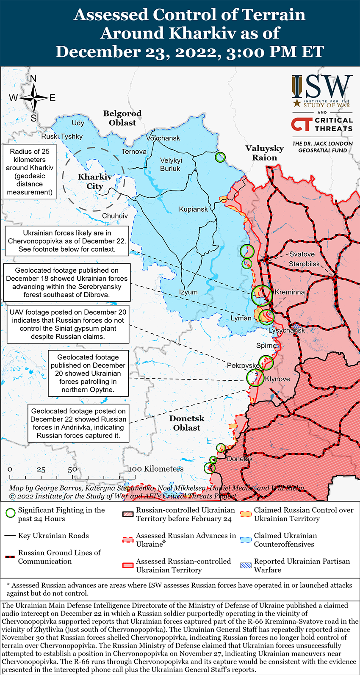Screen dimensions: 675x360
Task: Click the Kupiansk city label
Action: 193,209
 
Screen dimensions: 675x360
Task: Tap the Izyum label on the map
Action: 188,292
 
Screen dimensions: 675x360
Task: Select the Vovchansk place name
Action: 163,138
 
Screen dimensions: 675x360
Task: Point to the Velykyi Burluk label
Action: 171,164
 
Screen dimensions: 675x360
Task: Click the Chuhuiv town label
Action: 115,216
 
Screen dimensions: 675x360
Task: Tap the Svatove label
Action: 302,254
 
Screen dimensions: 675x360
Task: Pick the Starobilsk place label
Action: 304,264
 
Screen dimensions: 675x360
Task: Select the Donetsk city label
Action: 240,459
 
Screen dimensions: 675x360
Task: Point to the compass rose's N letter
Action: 33,79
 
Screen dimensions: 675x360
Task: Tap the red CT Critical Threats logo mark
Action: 302,124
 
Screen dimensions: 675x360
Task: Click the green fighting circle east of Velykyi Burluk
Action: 220,157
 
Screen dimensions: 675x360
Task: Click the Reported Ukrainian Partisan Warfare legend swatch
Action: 246,565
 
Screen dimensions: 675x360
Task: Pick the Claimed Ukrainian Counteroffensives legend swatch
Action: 246,539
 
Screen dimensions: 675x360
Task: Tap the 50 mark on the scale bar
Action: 72,469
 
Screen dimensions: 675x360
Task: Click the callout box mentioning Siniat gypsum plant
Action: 68,324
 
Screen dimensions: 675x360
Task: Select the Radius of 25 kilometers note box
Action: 30,172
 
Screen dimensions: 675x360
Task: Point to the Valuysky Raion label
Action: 264,153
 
